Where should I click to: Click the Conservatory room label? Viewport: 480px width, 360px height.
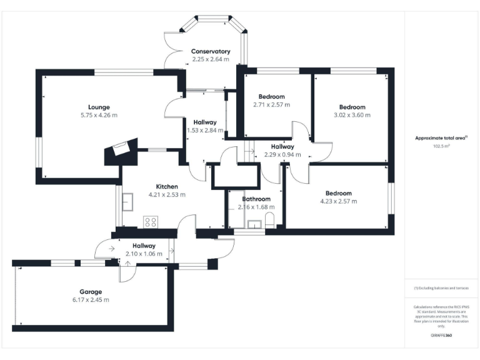pos(211,51)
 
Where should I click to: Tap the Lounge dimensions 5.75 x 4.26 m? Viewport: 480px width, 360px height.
pos(99,115)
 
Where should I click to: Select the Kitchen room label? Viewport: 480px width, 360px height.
pos(167,186)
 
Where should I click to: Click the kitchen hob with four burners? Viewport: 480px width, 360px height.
pos(151,221)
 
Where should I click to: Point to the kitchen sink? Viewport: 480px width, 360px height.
pos(128,202)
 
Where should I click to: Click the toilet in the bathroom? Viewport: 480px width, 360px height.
pos(270,220)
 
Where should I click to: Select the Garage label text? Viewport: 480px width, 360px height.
pos(91,292)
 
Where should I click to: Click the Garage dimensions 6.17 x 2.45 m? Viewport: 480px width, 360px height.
pos(91,300)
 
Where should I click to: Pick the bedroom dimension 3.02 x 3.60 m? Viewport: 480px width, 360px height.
pos(352,115)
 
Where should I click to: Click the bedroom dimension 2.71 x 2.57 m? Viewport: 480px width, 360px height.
pos(272,104)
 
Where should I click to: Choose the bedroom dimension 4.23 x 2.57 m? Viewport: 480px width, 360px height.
pos(338,201)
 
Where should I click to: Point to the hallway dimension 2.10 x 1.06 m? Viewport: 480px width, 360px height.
pos(144,254)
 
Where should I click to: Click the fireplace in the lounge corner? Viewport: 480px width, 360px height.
pos(119,149)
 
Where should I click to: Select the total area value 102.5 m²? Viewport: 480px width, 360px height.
pos(441,146)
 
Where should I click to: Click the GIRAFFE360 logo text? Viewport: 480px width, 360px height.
pos(441,336)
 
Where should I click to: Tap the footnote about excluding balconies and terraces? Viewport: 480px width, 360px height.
pos(441,288)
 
